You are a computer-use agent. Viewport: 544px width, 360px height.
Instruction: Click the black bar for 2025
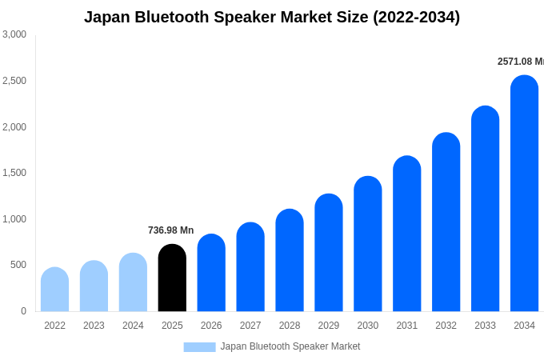(172, 278)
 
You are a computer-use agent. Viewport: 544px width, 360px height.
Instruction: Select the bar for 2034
(524, 194)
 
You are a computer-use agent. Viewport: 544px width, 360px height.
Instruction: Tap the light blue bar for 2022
(54, 290)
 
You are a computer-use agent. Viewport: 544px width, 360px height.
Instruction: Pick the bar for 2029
(329, 253)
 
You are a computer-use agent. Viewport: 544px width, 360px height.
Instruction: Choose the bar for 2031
(406, 234)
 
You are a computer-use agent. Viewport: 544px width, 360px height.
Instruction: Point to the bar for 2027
(250, 267)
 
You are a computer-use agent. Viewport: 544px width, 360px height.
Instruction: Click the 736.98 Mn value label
(170, 230)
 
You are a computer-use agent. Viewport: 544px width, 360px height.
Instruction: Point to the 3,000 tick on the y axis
(14, 34)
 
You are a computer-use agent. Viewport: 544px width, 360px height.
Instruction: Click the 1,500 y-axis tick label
(14, 173)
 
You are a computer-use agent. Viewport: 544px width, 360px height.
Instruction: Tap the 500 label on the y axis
(18, 265)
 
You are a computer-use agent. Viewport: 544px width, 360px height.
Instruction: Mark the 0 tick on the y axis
(23, 311)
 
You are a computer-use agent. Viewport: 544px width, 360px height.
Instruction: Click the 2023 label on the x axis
(94, 326)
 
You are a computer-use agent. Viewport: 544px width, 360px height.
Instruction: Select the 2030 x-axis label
(368, 326)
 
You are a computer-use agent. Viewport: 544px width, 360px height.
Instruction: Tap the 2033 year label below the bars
(485, 326)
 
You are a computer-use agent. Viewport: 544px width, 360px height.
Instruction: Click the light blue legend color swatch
(199, 347)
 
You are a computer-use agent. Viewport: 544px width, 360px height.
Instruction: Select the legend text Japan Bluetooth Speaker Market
(290, 346)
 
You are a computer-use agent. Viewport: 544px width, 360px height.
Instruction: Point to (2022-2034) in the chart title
(416, 17)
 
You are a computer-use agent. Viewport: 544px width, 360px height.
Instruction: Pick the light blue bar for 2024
(133, 282)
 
